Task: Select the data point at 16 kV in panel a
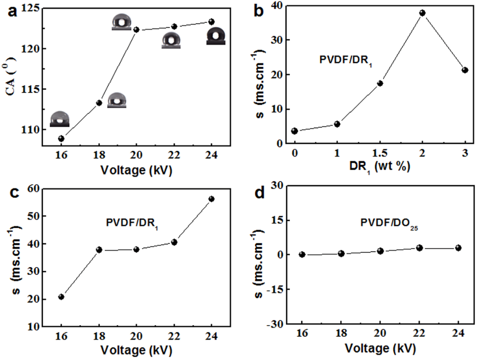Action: (61, 138)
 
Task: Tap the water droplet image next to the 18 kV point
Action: (117, 100)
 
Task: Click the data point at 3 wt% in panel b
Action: (465, 70)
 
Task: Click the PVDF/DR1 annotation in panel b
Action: (346, 60)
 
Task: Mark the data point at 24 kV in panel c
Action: (212, 199)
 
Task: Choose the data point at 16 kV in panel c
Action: (61, 297)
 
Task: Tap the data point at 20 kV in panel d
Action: (380, 251)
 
